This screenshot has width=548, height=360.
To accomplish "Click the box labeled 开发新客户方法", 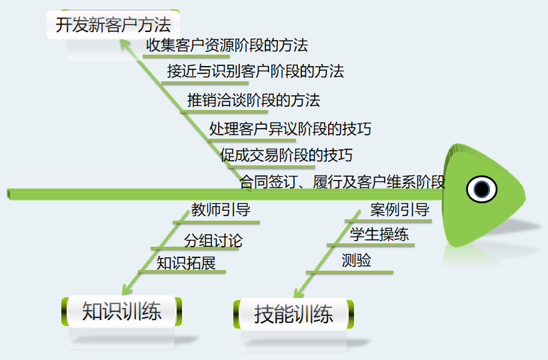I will pos(113,26).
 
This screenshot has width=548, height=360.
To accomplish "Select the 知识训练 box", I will pos(121,311).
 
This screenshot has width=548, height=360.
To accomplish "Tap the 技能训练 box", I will pos(293,314).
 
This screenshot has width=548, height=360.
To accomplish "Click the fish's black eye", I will pos(481,189).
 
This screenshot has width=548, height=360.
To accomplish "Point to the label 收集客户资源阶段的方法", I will pos(227,45).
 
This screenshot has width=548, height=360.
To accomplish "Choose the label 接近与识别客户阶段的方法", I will pos(255,71).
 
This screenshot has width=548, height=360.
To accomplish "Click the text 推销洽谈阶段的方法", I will pos(253,100).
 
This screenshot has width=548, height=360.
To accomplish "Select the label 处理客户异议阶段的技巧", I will pos(290,129).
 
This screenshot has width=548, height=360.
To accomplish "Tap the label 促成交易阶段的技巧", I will pos(286,155).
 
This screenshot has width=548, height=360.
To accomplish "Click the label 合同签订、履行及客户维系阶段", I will pos(342,181).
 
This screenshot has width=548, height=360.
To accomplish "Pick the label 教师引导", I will pos(221,210).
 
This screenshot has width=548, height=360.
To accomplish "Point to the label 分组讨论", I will pos(213,240).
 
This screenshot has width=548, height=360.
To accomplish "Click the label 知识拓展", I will pos(186,263).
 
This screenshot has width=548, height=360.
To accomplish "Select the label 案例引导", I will pos(399,210).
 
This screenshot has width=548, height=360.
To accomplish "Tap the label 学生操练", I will pos(379,235).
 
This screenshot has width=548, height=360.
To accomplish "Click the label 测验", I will pos(356,261).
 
